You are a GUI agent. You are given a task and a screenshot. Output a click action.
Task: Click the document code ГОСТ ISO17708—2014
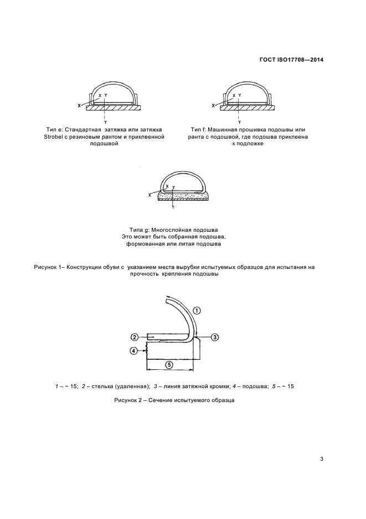pyautogui.click(x=290, y=59)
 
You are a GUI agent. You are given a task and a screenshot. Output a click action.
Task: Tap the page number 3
pyautogui.click(x=322, y=459)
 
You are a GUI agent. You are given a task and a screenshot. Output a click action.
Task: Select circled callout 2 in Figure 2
pyautogui.click(x=135, y=337)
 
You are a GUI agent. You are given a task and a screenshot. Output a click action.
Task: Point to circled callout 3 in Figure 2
pyautogui.click(x=216, y=337)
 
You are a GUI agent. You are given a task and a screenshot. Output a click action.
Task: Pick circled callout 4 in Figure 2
pyautogui.click(x=133, y=350)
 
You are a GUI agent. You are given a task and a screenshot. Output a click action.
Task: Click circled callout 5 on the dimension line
pyautogui.click(x=170, y=364)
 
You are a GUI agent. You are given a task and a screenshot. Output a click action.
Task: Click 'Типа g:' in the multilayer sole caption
pyautogui.click(x=140, y=230)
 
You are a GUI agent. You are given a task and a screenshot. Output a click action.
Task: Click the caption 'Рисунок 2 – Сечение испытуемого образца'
pyautogui.click(x=175, y=400)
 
